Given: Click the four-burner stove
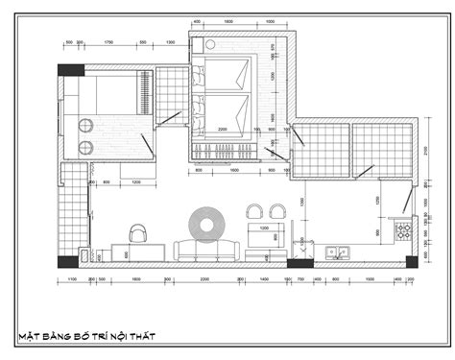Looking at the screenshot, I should coord(406,229).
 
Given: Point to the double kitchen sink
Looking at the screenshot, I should coord(338,254).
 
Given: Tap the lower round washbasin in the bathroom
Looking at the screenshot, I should coord(84,147).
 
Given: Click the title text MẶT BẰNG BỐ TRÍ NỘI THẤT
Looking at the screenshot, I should coord(87,336).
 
